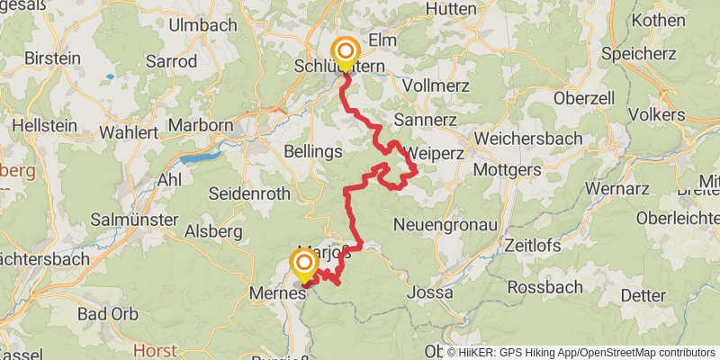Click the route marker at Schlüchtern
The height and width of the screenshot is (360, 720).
345,51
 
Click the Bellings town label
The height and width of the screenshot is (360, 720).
312,151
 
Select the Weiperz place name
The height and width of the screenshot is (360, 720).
434,152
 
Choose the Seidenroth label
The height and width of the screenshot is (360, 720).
249,193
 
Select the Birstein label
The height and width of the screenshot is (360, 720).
51,58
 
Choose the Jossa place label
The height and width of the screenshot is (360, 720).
427,292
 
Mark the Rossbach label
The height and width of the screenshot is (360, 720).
540,287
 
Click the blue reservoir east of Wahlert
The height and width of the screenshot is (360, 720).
200,157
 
